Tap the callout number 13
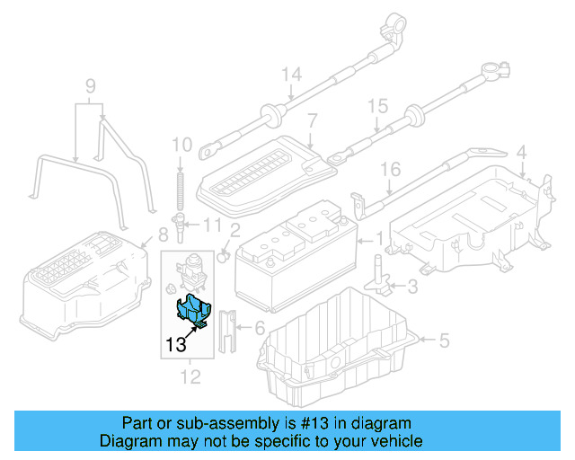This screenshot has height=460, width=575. (x=176, y=343)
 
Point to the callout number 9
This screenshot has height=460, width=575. (x=90, y=87)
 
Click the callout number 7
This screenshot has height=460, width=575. (x=312, y=119)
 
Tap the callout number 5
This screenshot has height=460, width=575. (x=443, y=340)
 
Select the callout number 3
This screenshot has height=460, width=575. (x=412, y=287)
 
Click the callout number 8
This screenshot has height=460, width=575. (x=163, y=235)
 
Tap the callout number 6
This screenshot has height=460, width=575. (x=261, y=329)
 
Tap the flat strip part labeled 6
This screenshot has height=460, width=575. (x=227, y=332)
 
